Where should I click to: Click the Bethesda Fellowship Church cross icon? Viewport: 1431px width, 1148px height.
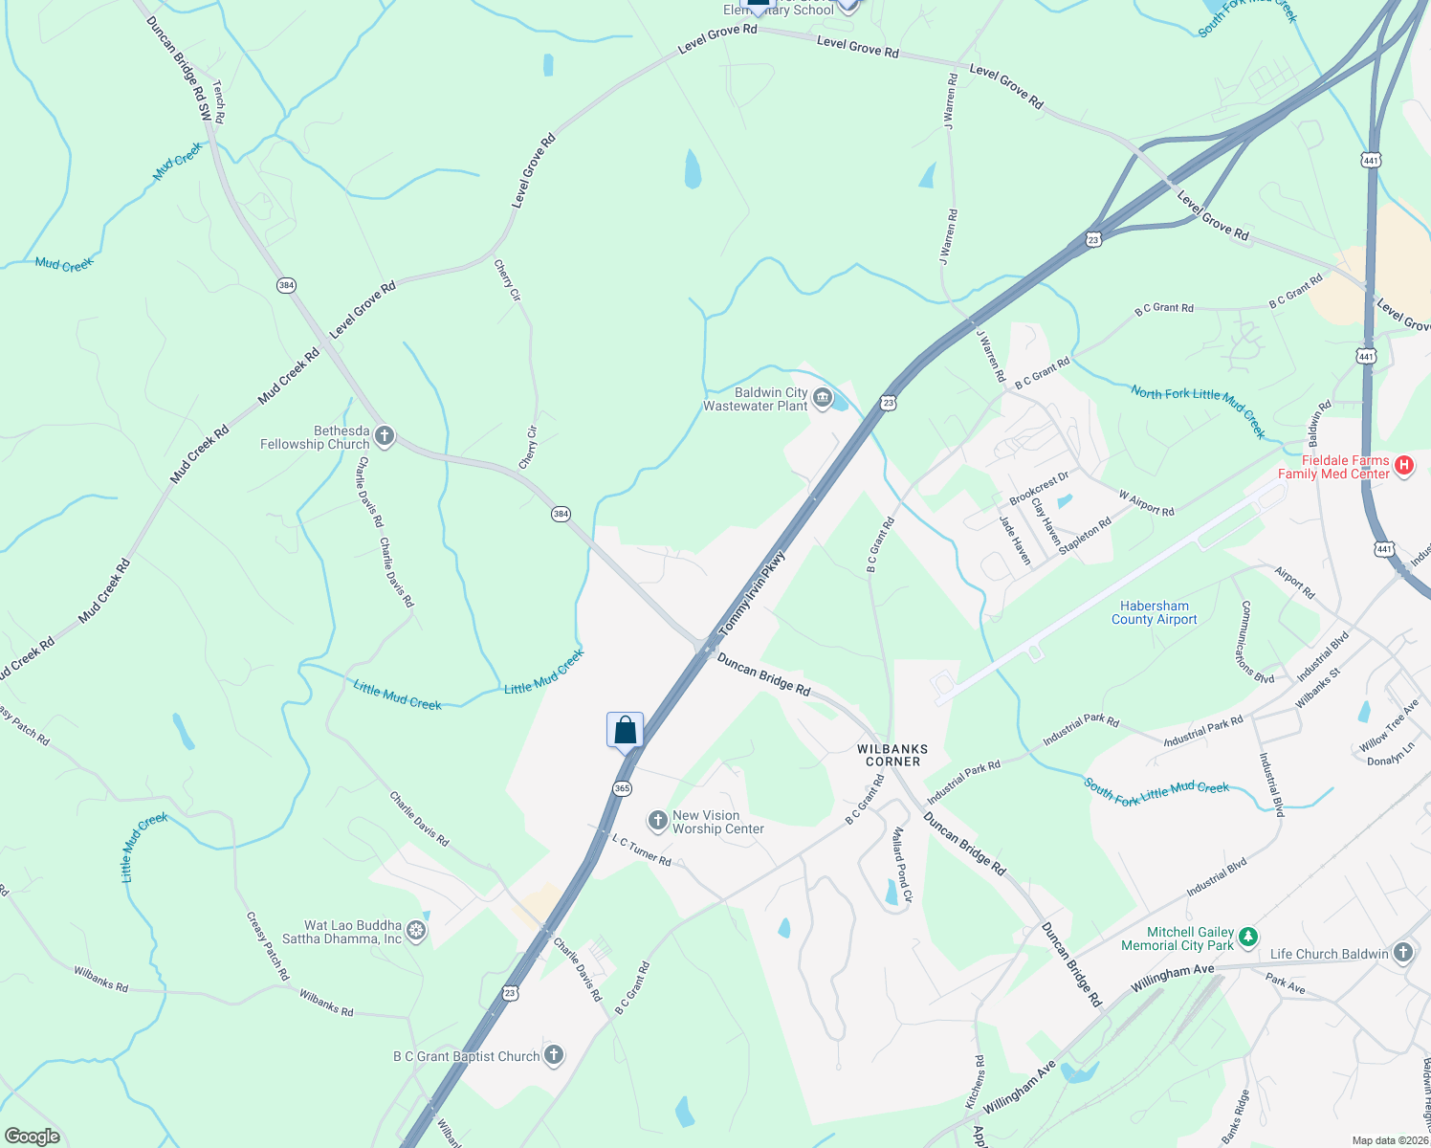tap(384, 437)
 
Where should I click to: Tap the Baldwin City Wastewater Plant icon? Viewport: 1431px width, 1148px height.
tap(822, 397)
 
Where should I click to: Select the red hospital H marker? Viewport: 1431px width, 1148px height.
tap(1403, 466)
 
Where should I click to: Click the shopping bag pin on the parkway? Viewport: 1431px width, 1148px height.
tap(625, 731)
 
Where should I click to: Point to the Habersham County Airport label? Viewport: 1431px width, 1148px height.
tap(1154, 612)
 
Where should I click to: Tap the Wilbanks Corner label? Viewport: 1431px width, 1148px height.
tap(892, 756)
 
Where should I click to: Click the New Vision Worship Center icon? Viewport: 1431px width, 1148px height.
tap(657, 820)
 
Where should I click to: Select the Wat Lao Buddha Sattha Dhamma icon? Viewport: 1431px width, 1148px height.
tap(416, 930)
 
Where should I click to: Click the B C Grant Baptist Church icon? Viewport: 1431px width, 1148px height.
tap(553, 1055)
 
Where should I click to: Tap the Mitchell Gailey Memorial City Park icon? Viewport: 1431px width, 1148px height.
tap(1247, 937)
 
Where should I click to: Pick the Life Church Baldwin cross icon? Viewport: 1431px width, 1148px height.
tap(1402, 952)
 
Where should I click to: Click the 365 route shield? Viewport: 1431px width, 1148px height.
tap(622, 789)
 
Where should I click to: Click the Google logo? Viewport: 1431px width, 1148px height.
tap(33, 1137)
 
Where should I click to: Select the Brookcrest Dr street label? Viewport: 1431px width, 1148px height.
tap(1039, 488)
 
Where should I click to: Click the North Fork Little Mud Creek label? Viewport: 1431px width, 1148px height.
tap(1198, 411)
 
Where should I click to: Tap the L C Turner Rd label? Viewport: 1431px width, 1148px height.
tap(642, 850)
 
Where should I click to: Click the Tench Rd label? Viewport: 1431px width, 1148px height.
tap(219, 101)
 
